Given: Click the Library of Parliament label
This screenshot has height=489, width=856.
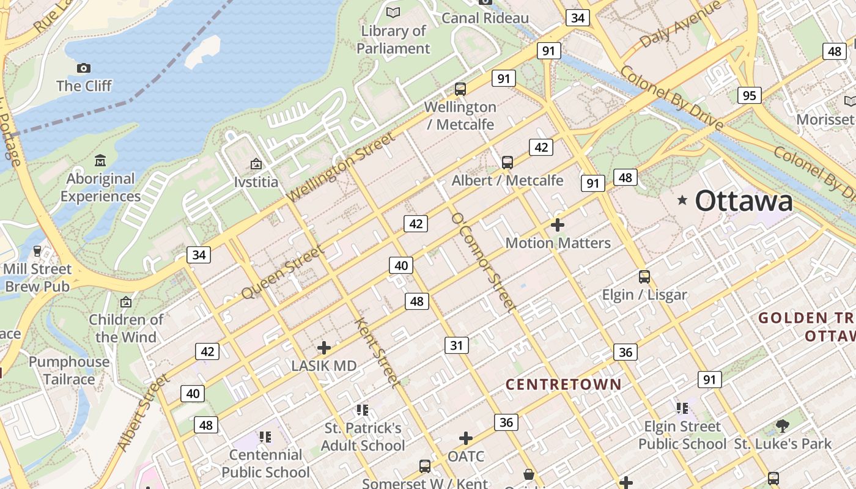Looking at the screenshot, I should (x=393, y=39).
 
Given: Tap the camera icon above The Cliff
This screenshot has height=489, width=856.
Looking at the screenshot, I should (x=84, y=68).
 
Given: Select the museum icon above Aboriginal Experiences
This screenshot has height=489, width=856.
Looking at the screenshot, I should (x=100, y=161).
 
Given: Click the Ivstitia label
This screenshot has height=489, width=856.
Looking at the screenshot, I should (x=256, y=182).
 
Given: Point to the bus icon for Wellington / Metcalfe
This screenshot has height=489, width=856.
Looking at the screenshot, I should (x=460, y=89).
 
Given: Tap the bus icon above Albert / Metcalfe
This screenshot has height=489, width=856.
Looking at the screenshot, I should (x=507, y=163).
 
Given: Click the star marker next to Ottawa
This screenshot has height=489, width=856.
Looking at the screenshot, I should (x=682, y=200).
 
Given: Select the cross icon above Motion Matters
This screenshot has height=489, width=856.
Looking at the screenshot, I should (x=558, y=225).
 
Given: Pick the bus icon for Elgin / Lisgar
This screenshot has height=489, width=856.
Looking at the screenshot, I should (x=644, y=277).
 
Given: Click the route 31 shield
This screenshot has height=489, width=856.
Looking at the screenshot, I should (x=456, y=345).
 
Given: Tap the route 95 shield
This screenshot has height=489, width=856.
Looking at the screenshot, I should (x=750, y=95).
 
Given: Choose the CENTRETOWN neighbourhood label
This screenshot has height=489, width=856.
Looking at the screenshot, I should (x=564, y=384).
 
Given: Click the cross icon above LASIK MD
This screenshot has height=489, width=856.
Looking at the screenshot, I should (x=324, y=348).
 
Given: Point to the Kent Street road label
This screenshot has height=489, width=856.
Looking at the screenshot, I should (x=378, y=352).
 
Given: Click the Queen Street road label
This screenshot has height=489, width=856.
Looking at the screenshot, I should (x=282, y=273).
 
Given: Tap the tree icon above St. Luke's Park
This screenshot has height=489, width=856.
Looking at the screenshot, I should (x=782, y=426).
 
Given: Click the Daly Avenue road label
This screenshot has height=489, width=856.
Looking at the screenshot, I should (x=681, y=24).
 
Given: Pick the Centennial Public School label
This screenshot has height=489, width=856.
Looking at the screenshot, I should (x=265, y=463).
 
